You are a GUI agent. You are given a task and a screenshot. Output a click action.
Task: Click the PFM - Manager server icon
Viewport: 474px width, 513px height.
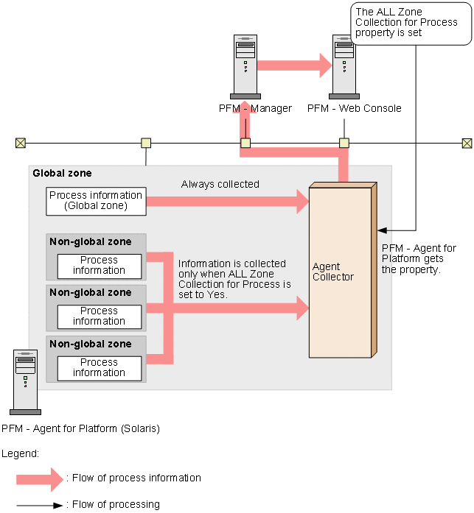point(245,67)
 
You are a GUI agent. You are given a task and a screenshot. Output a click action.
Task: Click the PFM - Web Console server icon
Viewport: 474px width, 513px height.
point(344,67)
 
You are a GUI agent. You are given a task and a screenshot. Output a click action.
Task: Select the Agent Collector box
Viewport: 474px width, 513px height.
point(343,270)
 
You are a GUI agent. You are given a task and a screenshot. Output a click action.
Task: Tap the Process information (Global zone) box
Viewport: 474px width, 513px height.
point(96,201)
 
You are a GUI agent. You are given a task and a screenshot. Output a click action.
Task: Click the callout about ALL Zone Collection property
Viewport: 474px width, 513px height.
point(411,24)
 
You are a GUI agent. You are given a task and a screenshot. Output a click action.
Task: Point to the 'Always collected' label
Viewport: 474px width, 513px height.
point(220,184)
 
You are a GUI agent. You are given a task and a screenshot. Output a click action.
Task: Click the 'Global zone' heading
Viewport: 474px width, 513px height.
point(62,173)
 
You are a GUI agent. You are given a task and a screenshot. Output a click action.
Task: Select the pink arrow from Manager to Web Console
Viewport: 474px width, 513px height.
point(295,66)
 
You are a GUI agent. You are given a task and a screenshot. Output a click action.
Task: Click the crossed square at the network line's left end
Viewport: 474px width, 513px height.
point(21,143)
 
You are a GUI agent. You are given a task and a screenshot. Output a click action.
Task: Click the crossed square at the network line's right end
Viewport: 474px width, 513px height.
point(467,144)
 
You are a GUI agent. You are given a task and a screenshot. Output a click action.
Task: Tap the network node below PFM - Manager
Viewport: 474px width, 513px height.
point(245,143)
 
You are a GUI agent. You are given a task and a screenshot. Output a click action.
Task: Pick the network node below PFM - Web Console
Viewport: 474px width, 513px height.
point(344,143)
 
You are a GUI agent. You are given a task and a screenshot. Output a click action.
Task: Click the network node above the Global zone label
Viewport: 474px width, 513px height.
point(146,143)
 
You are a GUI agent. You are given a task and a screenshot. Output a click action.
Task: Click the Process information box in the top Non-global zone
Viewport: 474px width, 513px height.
point(100,266)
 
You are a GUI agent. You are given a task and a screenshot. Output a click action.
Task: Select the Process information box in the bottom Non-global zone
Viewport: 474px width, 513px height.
point(100,369)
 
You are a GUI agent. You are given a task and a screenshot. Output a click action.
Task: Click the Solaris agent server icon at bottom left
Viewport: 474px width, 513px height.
point(25,382)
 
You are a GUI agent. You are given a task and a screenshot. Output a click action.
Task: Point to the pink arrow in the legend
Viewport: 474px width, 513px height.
point(40,480)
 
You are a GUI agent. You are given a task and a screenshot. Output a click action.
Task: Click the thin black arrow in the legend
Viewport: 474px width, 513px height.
point(40,506)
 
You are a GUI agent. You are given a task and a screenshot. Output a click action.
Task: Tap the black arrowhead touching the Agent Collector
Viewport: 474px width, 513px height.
point(383,230)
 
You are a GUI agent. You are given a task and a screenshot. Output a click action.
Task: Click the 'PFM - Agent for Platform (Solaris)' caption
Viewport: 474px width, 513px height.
point(80,428)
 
